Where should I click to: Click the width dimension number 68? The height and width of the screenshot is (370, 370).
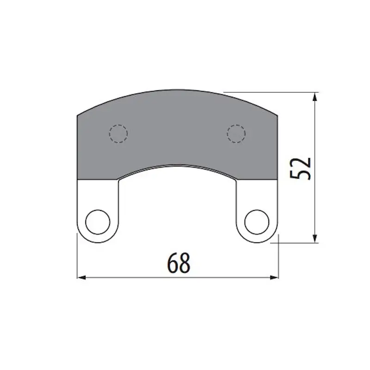tap(179, 263)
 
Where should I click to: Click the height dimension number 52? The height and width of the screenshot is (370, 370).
tap(300, 169)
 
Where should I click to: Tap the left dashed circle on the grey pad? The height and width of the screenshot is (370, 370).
tap(118, 134)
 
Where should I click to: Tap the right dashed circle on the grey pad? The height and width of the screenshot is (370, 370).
tap(236, 134)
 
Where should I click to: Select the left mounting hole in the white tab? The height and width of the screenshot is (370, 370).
tap(98, 222)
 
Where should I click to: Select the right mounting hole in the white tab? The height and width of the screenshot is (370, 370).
tap(257, 222)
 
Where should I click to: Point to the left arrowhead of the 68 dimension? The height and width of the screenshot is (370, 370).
tap(81, 277)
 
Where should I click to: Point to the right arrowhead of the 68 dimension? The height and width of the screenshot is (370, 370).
tap(274, 277)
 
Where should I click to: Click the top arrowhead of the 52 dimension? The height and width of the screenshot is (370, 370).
tap(314, 97)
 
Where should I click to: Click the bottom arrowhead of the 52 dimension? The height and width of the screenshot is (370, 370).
tap(314, 238)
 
